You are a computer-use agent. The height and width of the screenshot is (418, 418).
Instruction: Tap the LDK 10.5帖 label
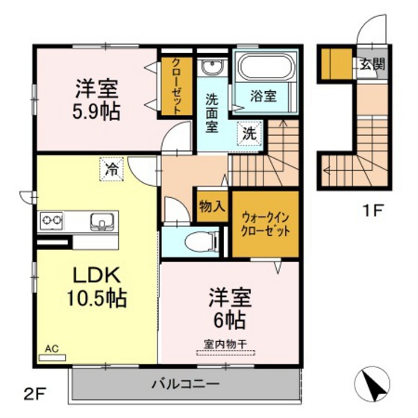click(94, 286)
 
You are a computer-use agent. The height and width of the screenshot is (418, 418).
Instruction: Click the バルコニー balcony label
click(185, 384)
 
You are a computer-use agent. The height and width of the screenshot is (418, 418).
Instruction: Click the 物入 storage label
click(212, 208)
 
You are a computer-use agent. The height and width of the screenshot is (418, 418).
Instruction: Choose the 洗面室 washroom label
click(211, 113)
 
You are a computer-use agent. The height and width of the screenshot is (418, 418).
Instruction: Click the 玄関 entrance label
click(372, 63)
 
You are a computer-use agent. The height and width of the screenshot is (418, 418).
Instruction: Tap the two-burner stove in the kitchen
click(52, 221)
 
